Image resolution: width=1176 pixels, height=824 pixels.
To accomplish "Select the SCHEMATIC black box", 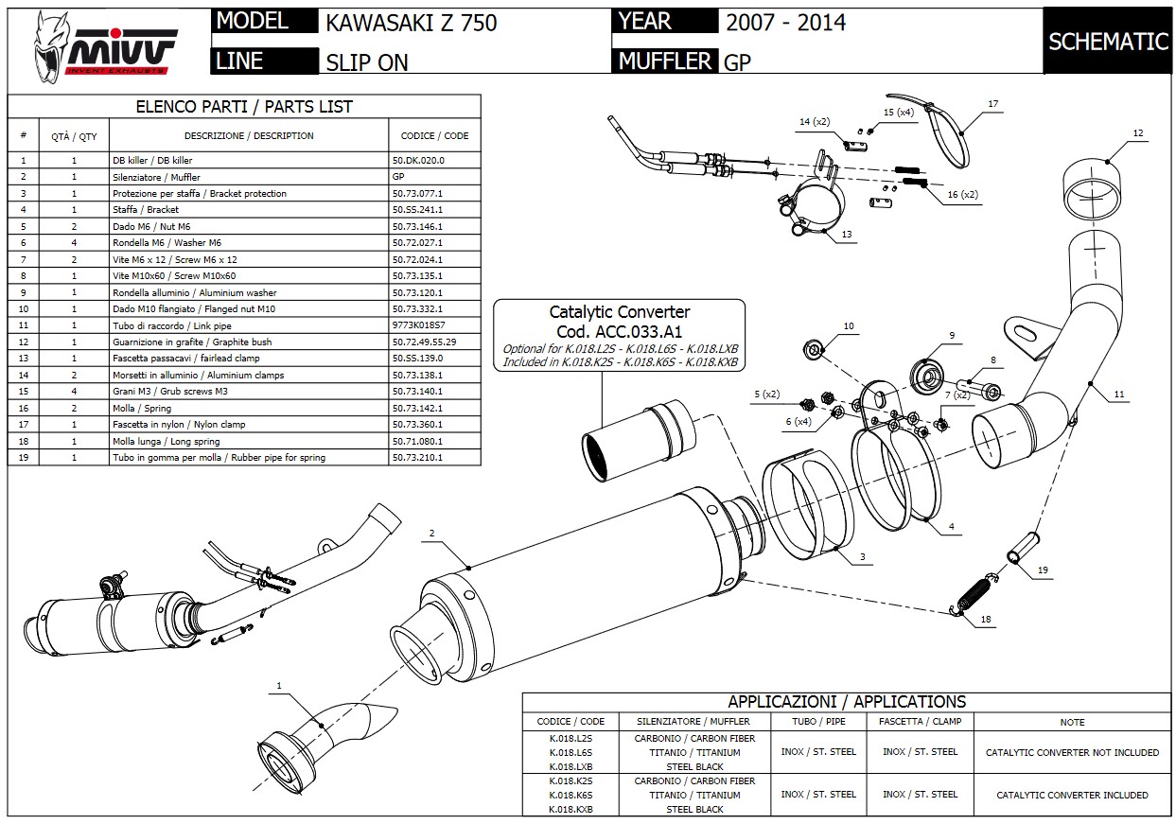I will (x=1108, y=41).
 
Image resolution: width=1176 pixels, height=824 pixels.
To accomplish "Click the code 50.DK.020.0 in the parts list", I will (x=417, y=161).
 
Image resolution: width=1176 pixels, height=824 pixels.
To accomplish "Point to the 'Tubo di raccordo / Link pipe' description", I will (x=171, y=325).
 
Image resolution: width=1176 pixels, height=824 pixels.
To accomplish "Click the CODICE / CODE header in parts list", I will (x=434, y=135).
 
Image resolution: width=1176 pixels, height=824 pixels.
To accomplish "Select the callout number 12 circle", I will (x=1137, y=134).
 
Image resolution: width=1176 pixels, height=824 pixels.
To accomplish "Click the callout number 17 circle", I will (x=992, y=104).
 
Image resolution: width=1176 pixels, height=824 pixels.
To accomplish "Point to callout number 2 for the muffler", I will (x=431, y=534).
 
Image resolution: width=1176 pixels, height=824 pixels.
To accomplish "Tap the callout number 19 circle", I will (x=1043, y=570).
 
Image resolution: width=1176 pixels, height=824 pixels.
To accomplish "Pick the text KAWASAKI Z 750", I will (x=411, y=23).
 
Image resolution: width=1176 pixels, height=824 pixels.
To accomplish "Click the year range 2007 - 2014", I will (x=785, y=23).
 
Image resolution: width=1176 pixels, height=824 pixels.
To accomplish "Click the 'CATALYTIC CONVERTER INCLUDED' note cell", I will (x=1072, y=796).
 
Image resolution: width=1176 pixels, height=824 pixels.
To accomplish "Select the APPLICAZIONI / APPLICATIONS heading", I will (x=846, y=702).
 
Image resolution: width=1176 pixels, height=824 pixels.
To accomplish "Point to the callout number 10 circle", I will (x=849, y=326).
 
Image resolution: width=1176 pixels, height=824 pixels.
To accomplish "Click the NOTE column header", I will (x=1072, y=722).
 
